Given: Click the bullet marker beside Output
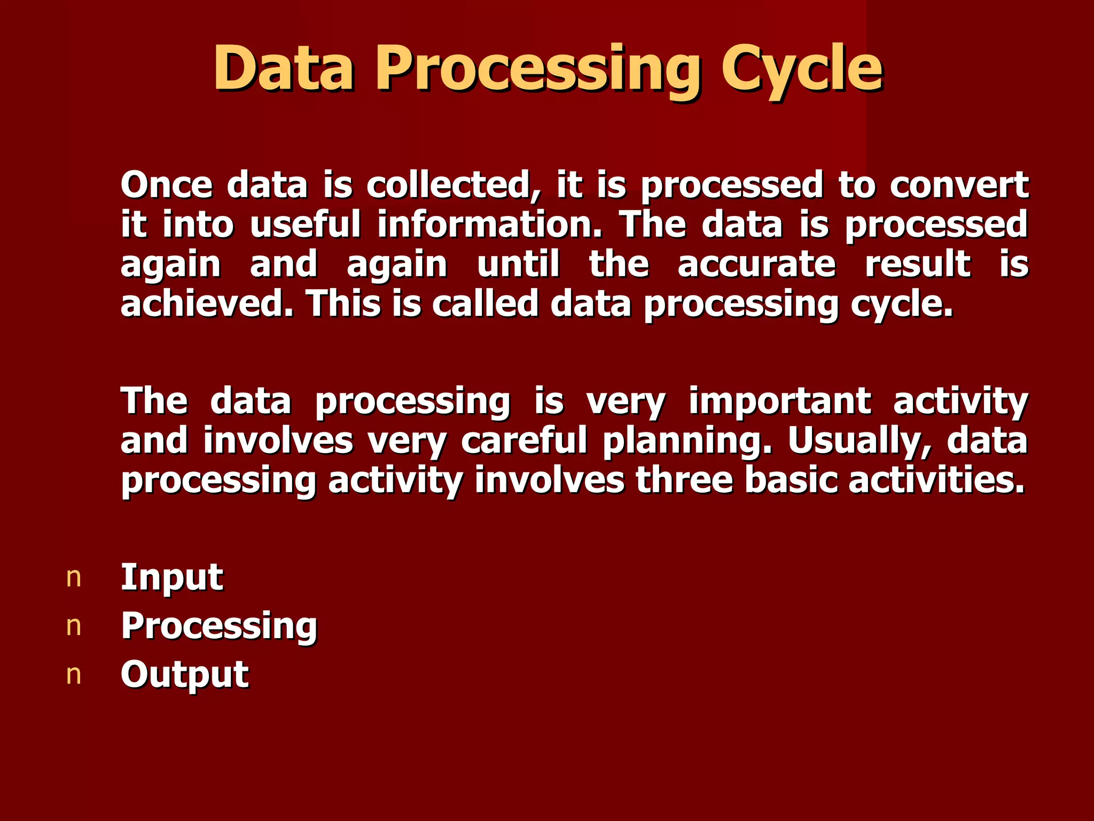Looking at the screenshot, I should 74,676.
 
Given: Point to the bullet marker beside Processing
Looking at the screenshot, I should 74,627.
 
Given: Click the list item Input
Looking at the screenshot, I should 171,577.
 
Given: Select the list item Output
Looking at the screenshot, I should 184,675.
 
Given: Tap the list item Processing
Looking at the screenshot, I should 219,626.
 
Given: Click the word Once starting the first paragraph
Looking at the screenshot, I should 166,185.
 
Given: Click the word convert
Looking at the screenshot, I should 959,185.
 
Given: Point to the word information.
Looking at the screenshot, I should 489,225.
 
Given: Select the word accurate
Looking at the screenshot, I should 756,265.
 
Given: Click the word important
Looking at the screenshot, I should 780,401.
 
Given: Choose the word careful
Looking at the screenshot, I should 523,442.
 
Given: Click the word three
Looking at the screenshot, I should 684,480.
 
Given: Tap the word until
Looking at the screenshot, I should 518,265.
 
